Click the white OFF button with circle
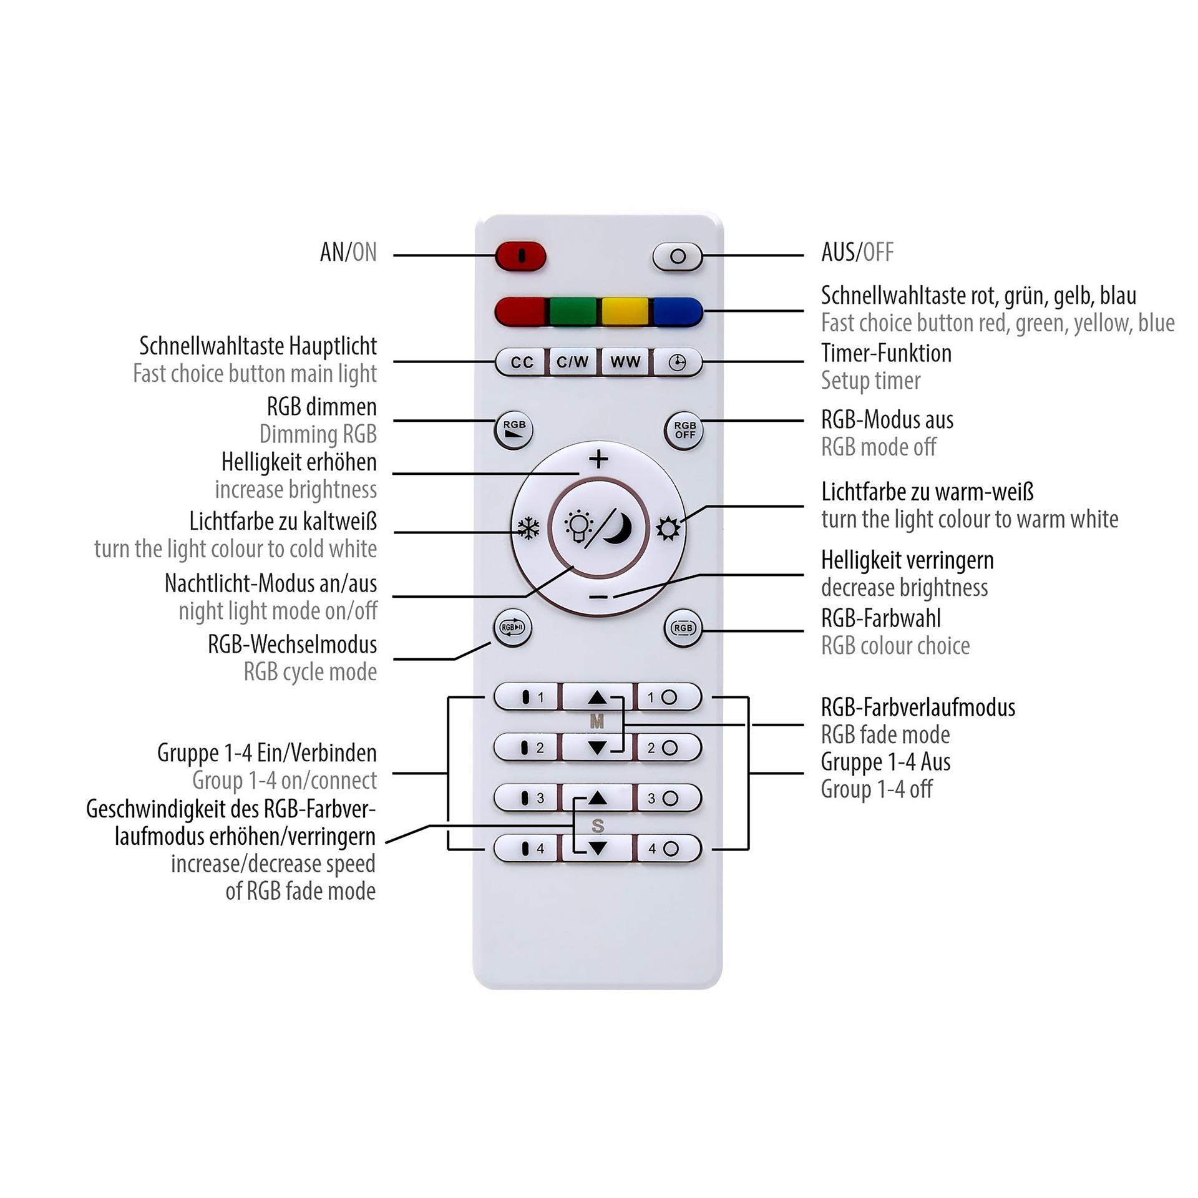678,256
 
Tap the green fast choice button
573,311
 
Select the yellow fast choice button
625,311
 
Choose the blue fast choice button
678,311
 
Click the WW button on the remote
625,362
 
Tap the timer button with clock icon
678,363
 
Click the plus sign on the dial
599,459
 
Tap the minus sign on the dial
598,597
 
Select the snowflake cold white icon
528,529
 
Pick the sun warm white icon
668,529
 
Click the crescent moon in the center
618,528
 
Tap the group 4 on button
526,849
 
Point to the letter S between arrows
598,825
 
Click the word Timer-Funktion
886,353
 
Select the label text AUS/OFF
857,252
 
